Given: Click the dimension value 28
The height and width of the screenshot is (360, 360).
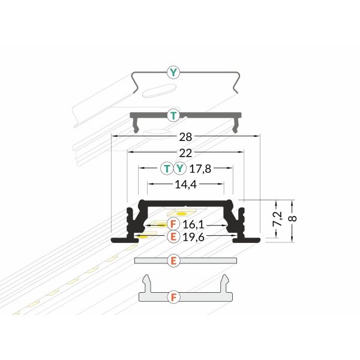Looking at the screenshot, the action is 185,137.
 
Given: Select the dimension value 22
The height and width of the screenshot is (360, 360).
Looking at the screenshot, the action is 185,153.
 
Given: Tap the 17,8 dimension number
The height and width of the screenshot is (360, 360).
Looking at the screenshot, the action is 200,169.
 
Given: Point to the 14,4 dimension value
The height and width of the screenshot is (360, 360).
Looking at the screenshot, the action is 186,184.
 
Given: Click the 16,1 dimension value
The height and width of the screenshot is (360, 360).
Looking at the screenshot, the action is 193,224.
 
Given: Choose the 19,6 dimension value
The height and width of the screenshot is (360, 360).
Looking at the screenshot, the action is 193,237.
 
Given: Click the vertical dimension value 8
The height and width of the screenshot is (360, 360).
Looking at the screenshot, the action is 293,218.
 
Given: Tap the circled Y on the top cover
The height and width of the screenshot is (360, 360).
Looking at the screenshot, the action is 173,73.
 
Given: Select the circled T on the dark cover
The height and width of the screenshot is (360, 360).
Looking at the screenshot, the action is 173,115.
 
